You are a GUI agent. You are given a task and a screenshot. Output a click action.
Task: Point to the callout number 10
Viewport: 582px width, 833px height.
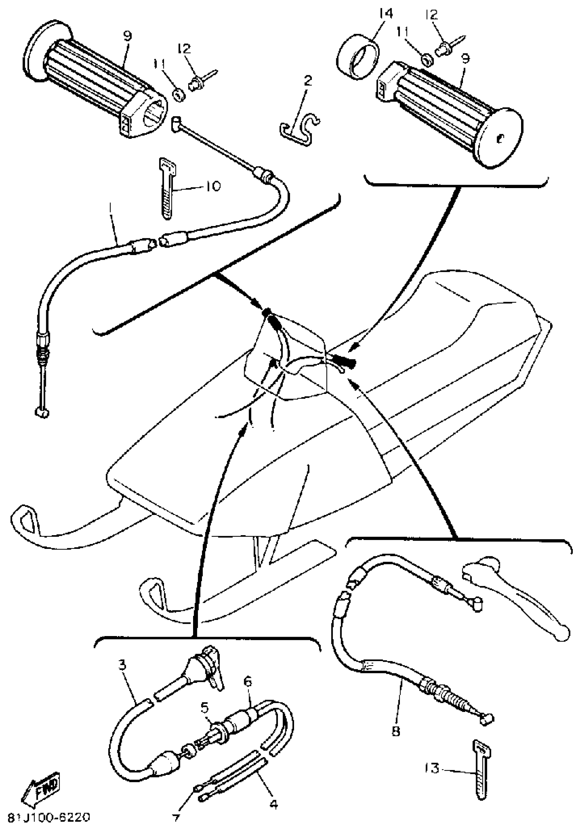click(213, 186)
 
